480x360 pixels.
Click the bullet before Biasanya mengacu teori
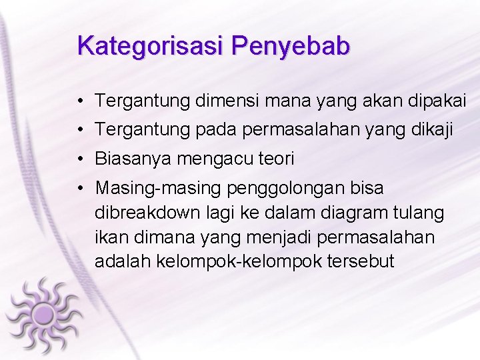79,160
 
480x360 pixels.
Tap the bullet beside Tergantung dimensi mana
79,102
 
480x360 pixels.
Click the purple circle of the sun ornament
44,313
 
